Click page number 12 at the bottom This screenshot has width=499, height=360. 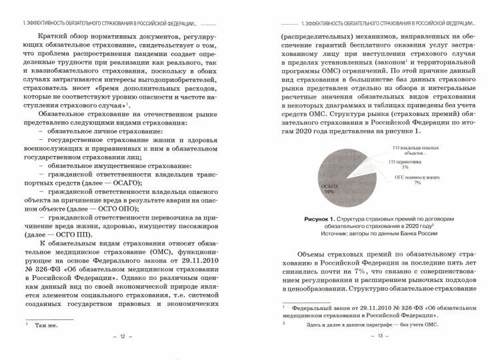point(122,336)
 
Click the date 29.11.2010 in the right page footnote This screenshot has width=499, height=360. point(382,306)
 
